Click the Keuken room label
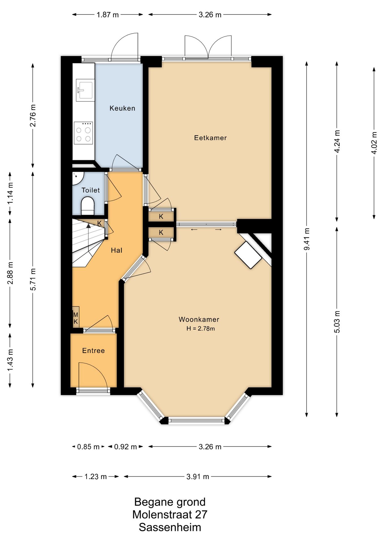[122, 108]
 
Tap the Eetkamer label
[210, 138]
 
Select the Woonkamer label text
[199, 319]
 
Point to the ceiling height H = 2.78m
[200, 328]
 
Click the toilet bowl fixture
[87, 206]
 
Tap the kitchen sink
[85, 90]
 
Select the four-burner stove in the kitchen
[83, 133]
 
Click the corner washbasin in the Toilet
[77, 178]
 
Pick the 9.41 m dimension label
[307, 239]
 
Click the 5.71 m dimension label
[33, 279]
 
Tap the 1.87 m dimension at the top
[107, 15]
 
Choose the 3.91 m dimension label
[198, 477]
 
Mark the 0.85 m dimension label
[89, 447]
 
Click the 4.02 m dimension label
[374, 143]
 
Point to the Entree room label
[93, 351]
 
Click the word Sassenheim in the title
[170, 527]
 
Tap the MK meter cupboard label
[75, 318]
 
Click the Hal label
[117, 250]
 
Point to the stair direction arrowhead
[89, 225]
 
